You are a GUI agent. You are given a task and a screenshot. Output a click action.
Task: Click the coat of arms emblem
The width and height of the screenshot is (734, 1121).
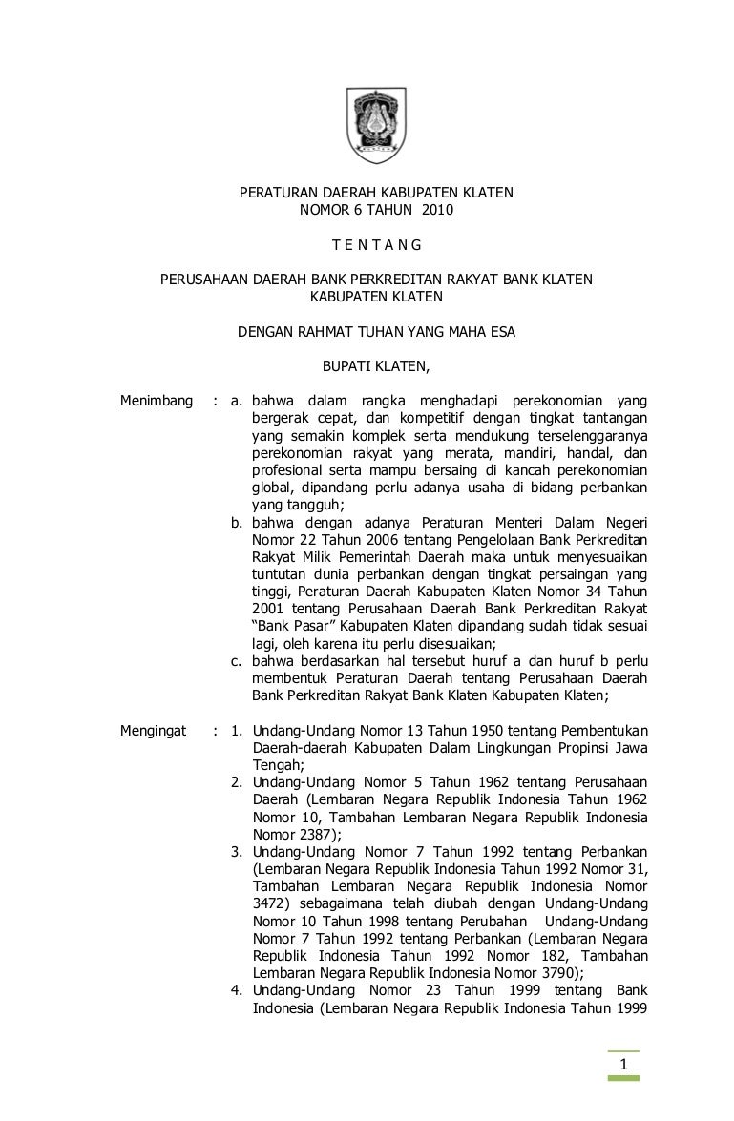coord(375,119)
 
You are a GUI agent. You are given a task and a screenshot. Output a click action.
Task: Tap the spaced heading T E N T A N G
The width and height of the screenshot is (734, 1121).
coord(376,245)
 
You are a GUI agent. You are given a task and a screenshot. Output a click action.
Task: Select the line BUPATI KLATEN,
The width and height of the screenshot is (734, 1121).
coord(376,364)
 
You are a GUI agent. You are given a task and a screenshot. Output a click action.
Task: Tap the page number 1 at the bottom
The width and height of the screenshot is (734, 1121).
coord(623,1065)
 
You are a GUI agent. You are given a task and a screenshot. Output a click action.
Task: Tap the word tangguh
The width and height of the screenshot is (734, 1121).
coord(312,506)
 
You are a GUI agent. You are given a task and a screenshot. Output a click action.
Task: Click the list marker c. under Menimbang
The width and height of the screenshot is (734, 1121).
coord(238,661)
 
